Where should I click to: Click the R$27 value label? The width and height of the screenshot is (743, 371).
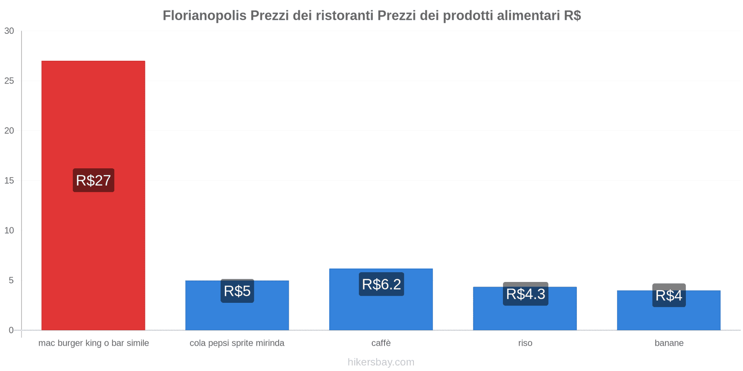tap(93, 180)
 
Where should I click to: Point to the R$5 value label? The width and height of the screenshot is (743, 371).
tap(237, 291)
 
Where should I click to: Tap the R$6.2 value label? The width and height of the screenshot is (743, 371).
tap(381, 284)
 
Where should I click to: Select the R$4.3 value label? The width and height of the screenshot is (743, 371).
tap(525, 294)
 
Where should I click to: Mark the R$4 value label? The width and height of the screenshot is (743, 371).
tap(669, 295)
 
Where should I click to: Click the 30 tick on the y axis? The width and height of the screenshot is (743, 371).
tap(9, 31)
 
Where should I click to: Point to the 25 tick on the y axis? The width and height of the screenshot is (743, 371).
tap(9, 81)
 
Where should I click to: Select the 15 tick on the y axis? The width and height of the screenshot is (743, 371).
tap(9, 180)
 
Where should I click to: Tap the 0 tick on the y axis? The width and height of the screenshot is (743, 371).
tap(11, 330)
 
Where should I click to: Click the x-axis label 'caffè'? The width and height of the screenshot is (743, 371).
tap(381, 343)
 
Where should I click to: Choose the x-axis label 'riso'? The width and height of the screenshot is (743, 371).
tap(525, 343)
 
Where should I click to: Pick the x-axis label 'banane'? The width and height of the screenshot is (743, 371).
tap(669, 343)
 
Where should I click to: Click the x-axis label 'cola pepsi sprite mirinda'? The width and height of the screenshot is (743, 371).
tap(237, 343)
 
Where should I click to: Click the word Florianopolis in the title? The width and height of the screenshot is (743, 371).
tap(204, 15)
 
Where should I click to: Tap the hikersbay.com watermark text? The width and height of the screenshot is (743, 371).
tap(381, 362)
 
